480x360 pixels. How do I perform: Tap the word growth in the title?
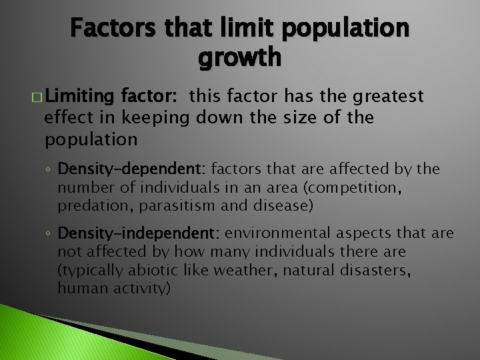point(240,58)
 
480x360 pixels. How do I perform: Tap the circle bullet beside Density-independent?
point(50,234)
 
